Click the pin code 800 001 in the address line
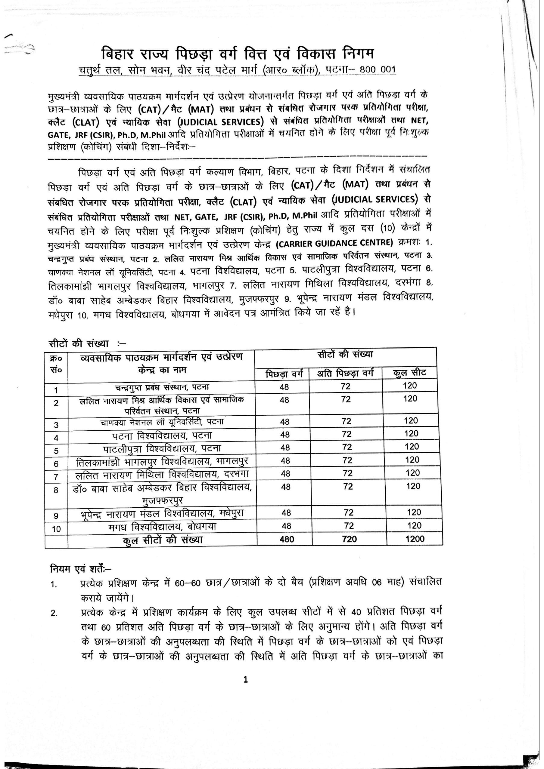(x=378, y=69)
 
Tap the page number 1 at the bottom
(x=246, y=679)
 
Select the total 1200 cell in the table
(x=415, y=539)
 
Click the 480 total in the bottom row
(x=287, y=539)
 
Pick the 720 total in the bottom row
(x=349, y=539)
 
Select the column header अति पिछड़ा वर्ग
(x=345, y=373)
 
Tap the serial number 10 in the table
(x=56, y=529)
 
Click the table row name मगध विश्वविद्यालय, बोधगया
(x=163, y=527)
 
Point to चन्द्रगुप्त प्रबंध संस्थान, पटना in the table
(x=162, y=388)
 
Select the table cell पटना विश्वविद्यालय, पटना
(x=162, y=435)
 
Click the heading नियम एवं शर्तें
(x=80, y=569)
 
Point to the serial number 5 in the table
(x=56, y=451)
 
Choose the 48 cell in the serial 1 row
(x=284, y=387)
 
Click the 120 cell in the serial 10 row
(x=414, y=525)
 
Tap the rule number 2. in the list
(x=54, y=613)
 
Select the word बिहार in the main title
(x=118, y=54)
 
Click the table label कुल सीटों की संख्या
(x=163, y=540)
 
